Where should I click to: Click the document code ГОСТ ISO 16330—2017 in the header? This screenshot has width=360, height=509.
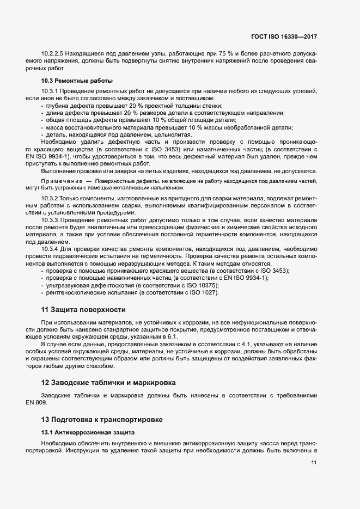[285, 37]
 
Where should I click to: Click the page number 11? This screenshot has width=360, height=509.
[314, 463]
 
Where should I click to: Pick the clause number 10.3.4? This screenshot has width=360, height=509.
[50, 249]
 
